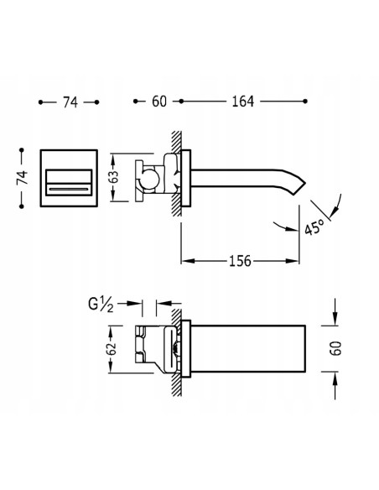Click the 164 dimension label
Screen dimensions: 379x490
(x=242, y=102)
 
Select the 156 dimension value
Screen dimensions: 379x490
(x=240, y=261)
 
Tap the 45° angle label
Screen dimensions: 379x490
(x=314, y=227)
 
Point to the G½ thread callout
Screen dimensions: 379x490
(x=101, y=305)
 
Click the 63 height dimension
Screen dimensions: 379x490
(x=115, y=177)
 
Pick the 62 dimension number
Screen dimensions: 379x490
(x=112, y=349)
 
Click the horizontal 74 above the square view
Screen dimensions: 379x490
(x=70, y=102)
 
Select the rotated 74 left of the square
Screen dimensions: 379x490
(x=22, y=178)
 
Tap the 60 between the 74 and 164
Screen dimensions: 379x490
(x=159, y=102)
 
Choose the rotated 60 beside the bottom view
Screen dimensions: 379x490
(x=335, y=348)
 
